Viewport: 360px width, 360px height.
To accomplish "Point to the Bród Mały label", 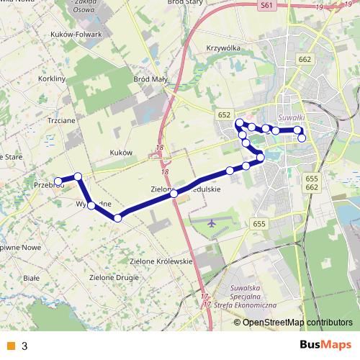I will click(150, 79).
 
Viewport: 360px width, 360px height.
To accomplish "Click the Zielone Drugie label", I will click(112, 276).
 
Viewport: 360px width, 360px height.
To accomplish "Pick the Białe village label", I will click(31, 276).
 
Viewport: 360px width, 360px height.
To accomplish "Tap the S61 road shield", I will click(268, 6).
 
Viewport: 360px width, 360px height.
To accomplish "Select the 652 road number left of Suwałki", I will click(225, 114).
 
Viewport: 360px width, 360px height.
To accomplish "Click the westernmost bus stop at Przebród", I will click(58, 181).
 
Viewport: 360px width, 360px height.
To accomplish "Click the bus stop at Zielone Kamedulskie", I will click(174, 193).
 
